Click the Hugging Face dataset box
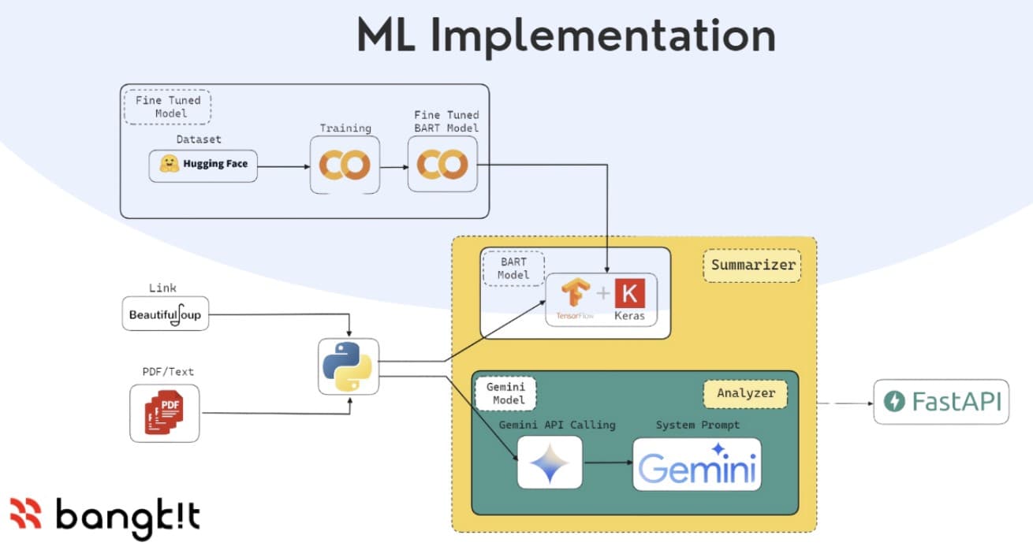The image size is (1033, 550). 203,165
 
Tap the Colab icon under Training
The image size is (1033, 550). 345,164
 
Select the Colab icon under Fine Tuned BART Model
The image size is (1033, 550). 442,164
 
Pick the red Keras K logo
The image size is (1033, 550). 629,295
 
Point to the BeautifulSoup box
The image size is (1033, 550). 166,314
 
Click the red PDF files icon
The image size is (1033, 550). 164,412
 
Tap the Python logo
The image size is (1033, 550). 348,366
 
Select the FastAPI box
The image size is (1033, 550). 941,402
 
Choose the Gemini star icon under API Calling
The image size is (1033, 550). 550,463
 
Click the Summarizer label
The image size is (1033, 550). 752,266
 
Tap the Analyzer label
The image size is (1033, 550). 745,393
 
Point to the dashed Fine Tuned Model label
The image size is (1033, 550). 167,106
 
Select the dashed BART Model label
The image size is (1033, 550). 513,268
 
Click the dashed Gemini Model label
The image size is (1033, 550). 505,392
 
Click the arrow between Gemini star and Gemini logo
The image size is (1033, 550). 607,463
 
